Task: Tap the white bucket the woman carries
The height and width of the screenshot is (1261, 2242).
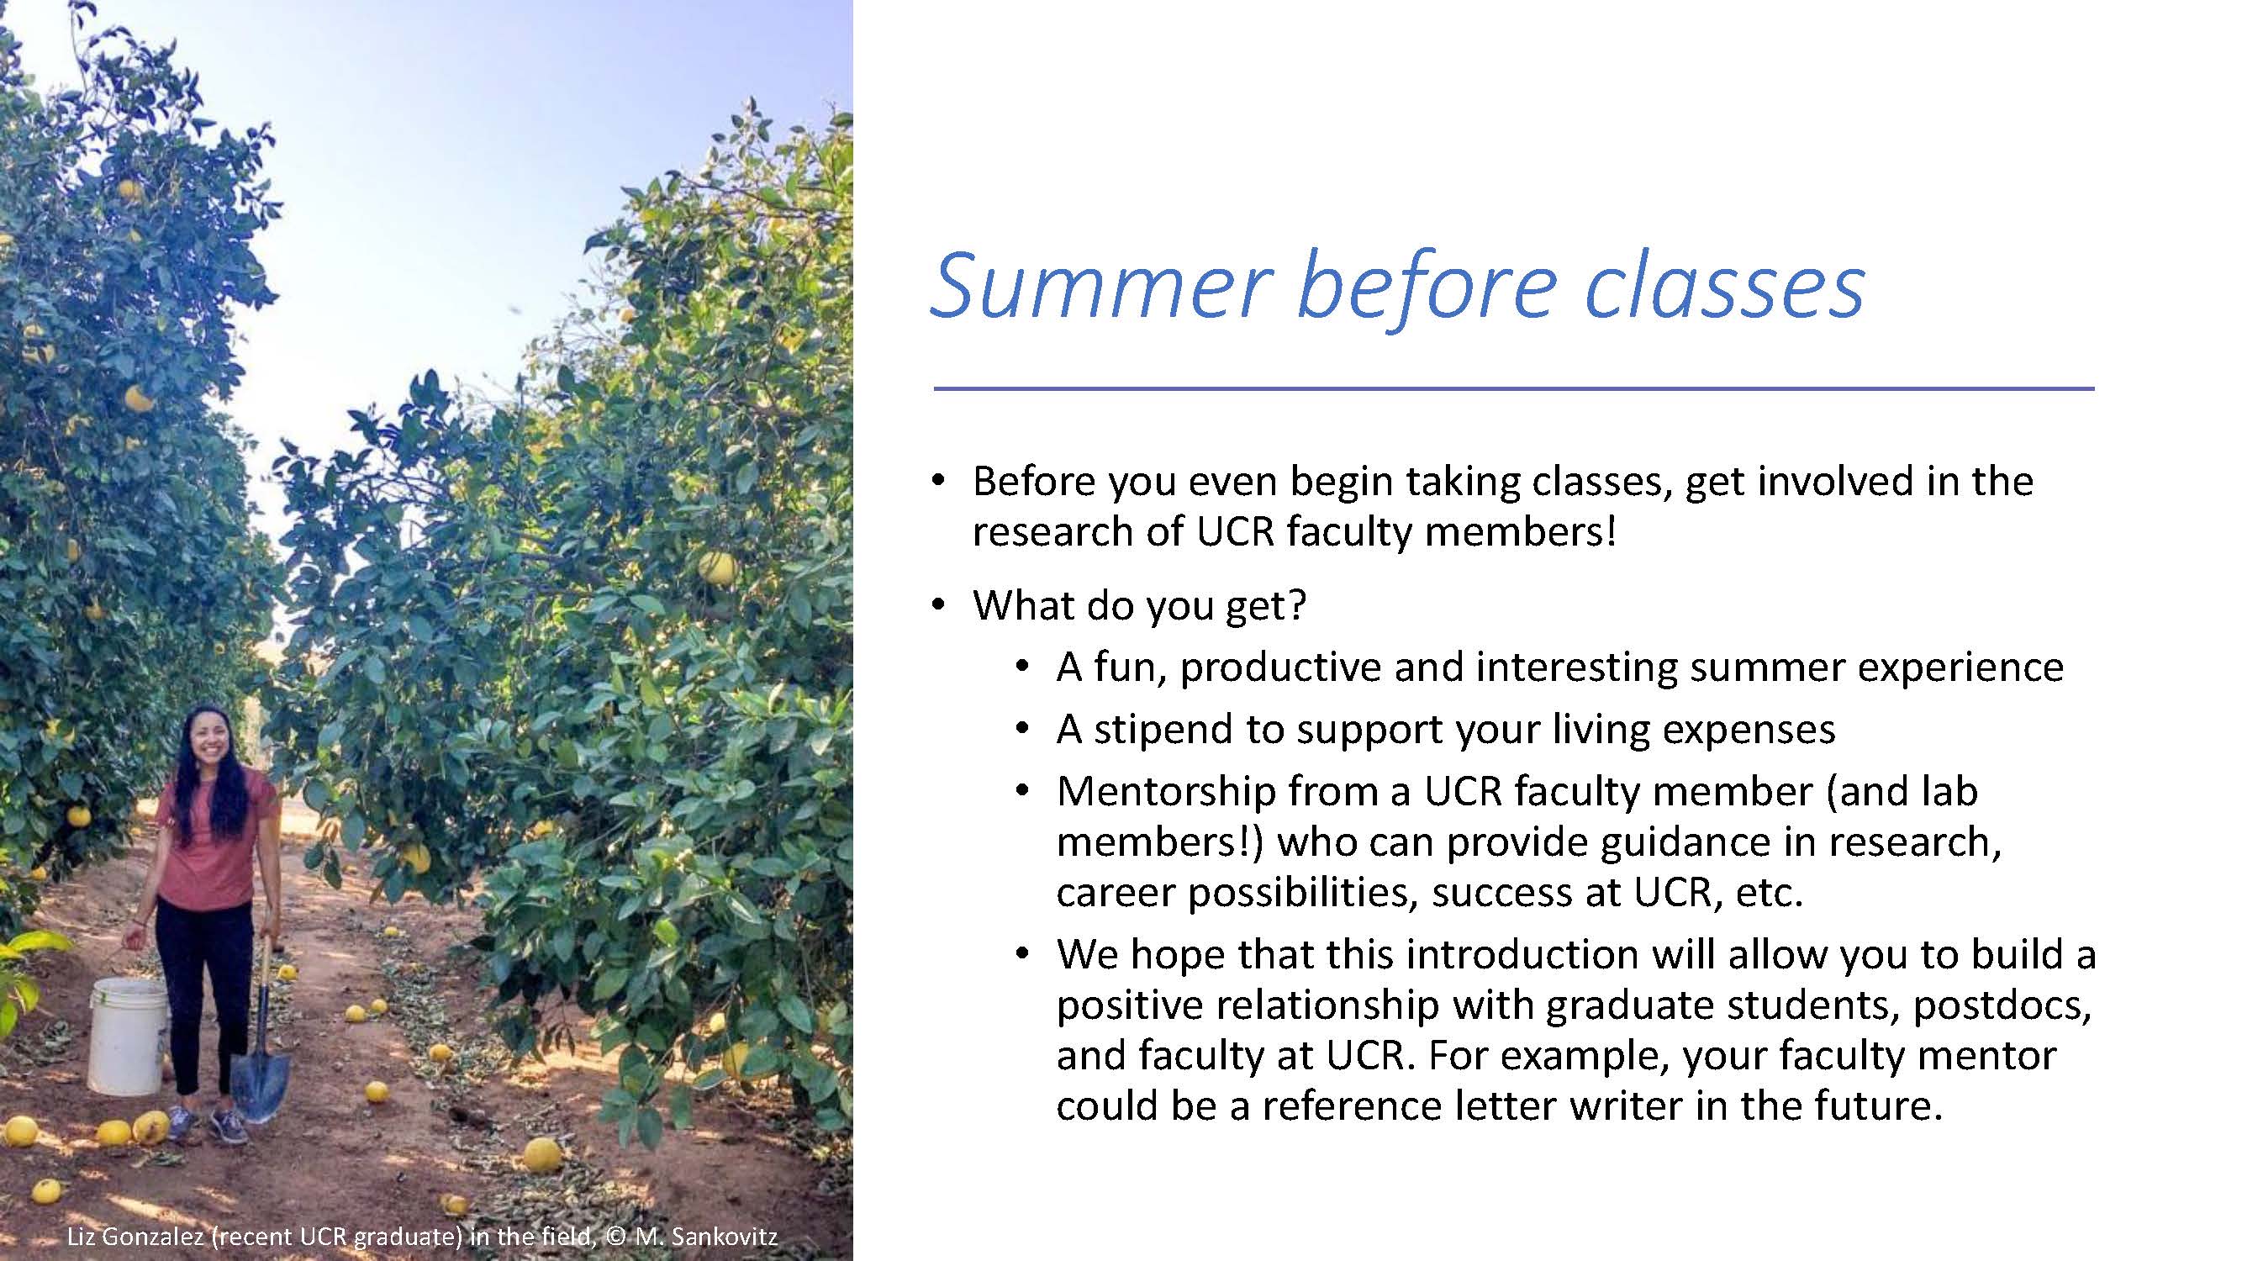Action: [x=128, y=1035]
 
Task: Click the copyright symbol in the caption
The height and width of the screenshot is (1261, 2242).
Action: [x=615, y=1237]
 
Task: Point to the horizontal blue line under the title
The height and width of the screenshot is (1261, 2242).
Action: [x=1513, y=388]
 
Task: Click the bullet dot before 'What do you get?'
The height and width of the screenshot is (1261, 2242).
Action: [x=937, y=605]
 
